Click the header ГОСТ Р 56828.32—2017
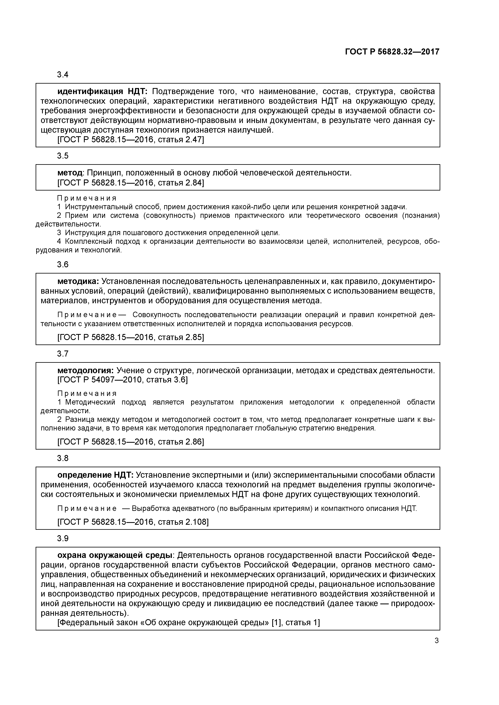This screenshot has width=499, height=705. tap(392, 52)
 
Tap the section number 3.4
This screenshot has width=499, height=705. tap(63, 75)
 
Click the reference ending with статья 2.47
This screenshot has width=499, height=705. tap(131, 140)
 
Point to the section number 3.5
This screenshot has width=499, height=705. tap(63, 156)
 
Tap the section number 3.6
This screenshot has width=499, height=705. tap(63, 265)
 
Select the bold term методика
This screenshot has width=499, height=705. tap(78, 281)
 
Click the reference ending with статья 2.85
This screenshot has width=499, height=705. tap(131, 337)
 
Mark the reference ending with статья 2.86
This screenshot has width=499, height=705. tap(131, 442)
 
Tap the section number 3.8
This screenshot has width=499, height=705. tap(63, 458)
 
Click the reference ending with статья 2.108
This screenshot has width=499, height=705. tap(133, 522)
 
